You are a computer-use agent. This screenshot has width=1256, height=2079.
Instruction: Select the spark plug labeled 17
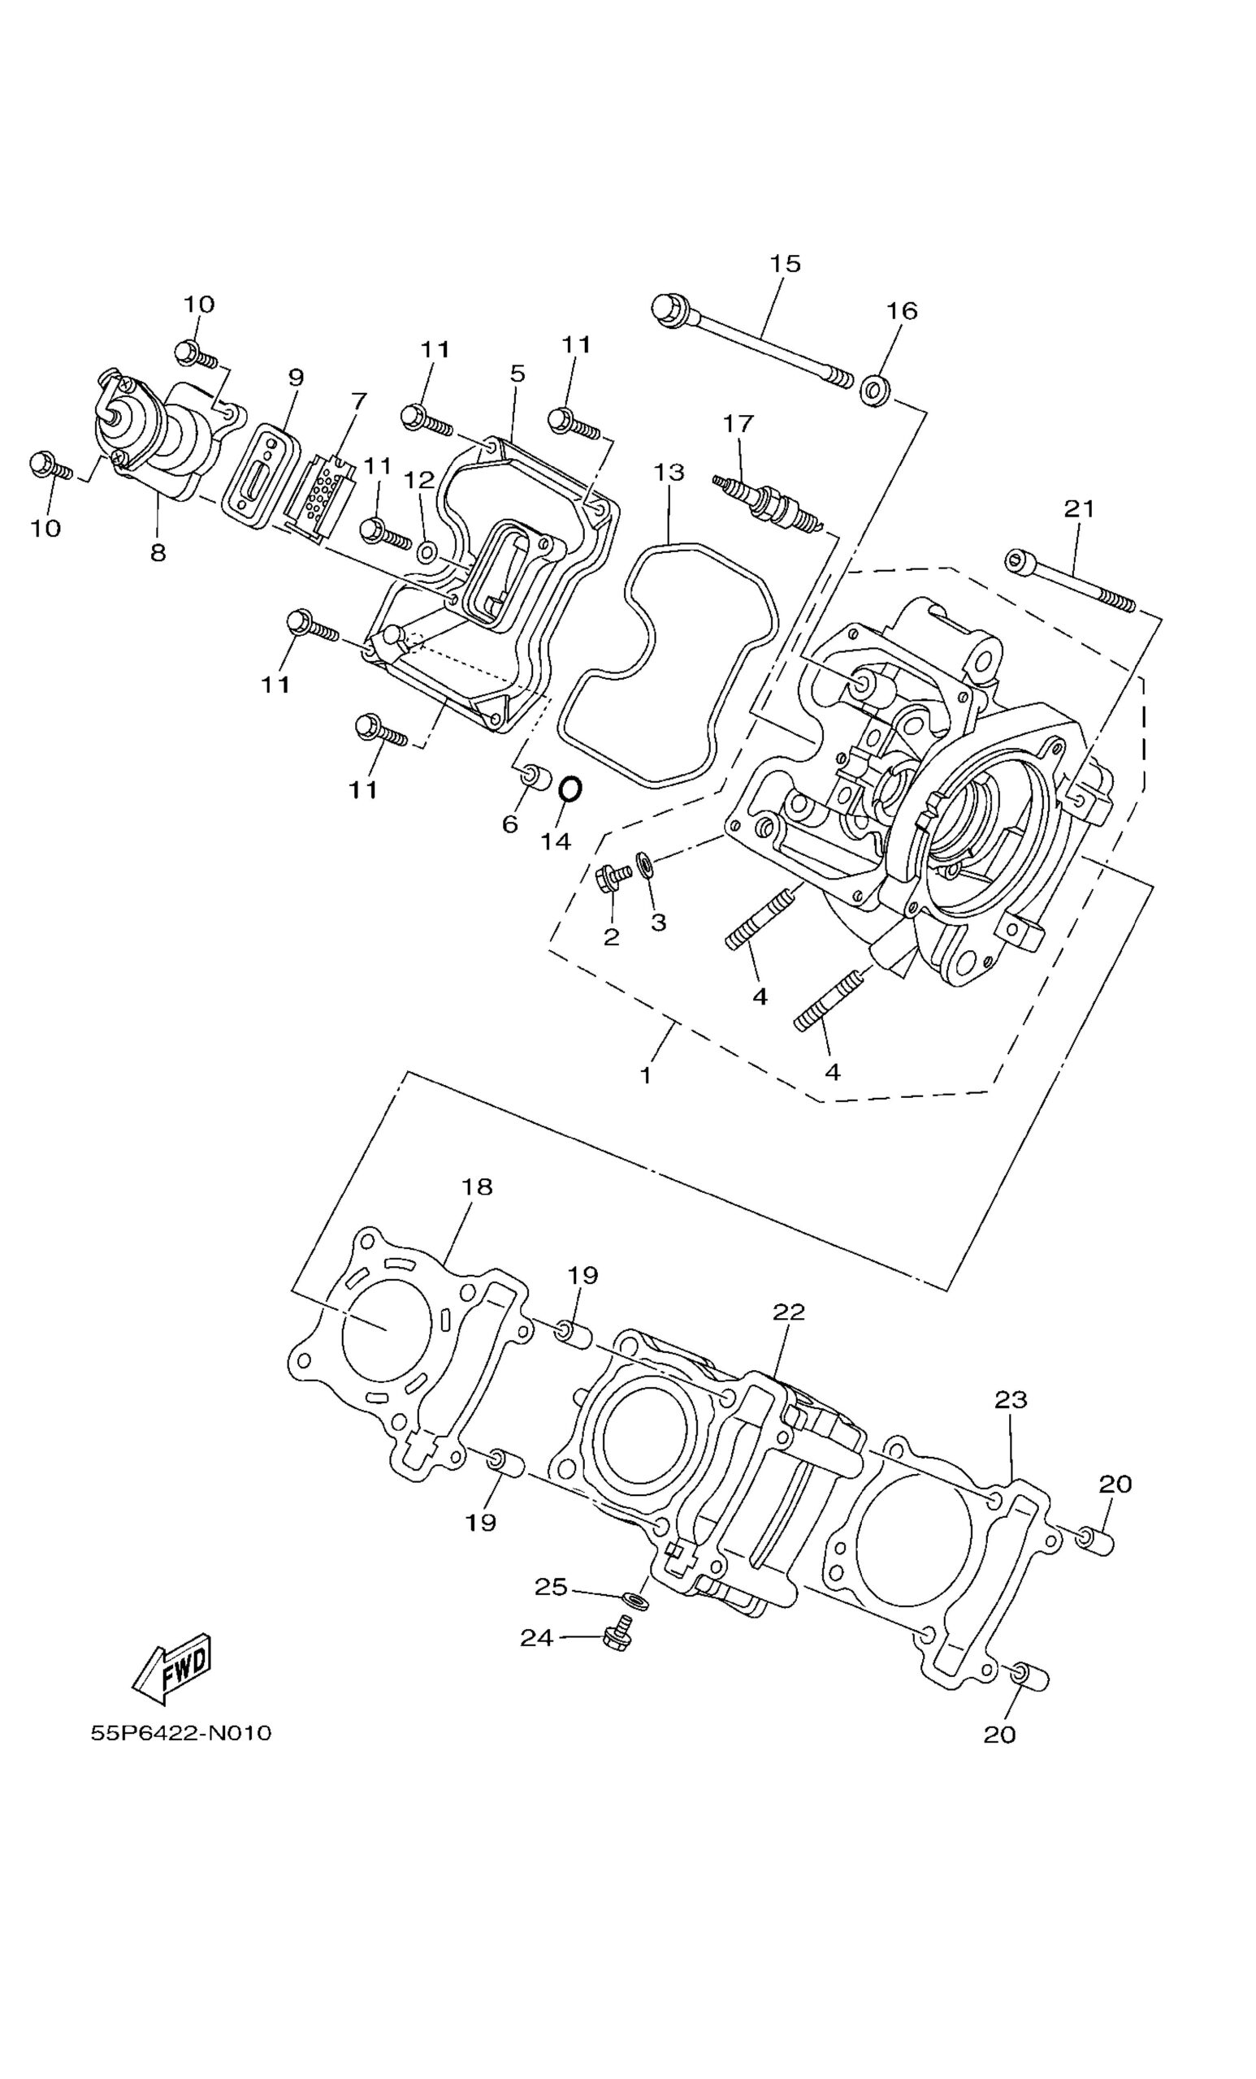[x=764, y=504]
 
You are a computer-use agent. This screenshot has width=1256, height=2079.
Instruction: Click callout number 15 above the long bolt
[x=784, y=263]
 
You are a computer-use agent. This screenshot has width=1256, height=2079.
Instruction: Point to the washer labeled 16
[x=874, y=391]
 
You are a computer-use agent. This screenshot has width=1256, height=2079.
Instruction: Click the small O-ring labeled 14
[x=570, y=789]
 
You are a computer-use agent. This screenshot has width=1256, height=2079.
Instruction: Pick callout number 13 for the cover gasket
[x=669, y=473]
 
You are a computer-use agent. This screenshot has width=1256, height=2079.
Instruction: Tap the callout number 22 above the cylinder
[x=788, y=1312]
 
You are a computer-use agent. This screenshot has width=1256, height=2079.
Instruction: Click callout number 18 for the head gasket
[x=477, y=1186]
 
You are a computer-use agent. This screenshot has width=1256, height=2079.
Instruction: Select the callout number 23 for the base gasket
[x=1011, y=1400]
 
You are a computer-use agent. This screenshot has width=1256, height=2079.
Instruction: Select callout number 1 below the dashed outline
[x=646, y=1075]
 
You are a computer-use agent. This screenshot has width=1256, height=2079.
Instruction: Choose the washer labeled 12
[x=427, y=554]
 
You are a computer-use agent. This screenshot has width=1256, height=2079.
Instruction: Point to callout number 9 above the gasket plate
[x=295, y=377]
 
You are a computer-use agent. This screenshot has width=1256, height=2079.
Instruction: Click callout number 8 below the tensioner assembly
[x=158, y=553]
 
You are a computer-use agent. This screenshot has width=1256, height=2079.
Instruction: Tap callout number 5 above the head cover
[x=518, y=373]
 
